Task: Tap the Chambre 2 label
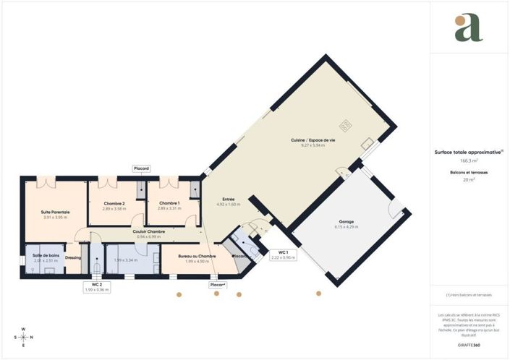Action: click(114, 204)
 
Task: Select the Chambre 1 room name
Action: click(169, 203)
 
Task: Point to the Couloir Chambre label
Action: click(149, 231)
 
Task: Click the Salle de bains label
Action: click(45, 255)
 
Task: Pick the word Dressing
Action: click(73, 257)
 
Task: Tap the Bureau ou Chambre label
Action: click(197, 256)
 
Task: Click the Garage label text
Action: click(347, 222)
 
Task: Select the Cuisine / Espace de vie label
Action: click(313, 140)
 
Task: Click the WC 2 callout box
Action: click(96, 286)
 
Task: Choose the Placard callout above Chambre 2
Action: click(142, 168)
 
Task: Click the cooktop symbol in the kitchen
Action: click(346, 125)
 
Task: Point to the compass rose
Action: click(24, 337)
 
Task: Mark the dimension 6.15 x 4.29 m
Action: click(347, 227)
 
